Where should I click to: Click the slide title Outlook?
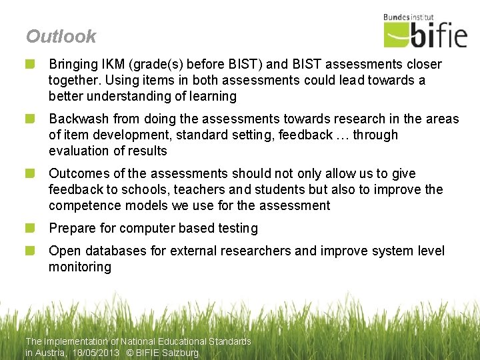(x=61, y=37)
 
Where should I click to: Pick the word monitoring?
(x=80, y=267)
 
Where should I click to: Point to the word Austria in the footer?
(x=51, y=353)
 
